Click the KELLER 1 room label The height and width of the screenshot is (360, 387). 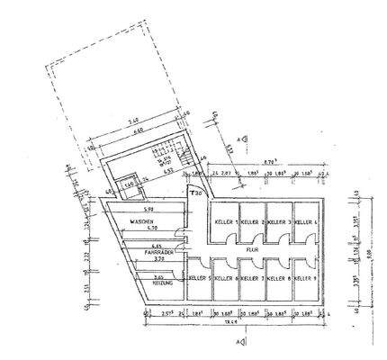(x=225, y=221)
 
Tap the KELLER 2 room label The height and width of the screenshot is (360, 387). (x=251, y=221)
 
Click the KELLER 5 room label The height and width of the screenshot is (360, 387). (x=198, y=278)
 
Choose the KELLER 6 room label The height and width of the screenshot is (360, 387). (x=225, y=278)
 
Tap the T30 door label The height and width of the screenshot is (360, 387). (x=194, y=192)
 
